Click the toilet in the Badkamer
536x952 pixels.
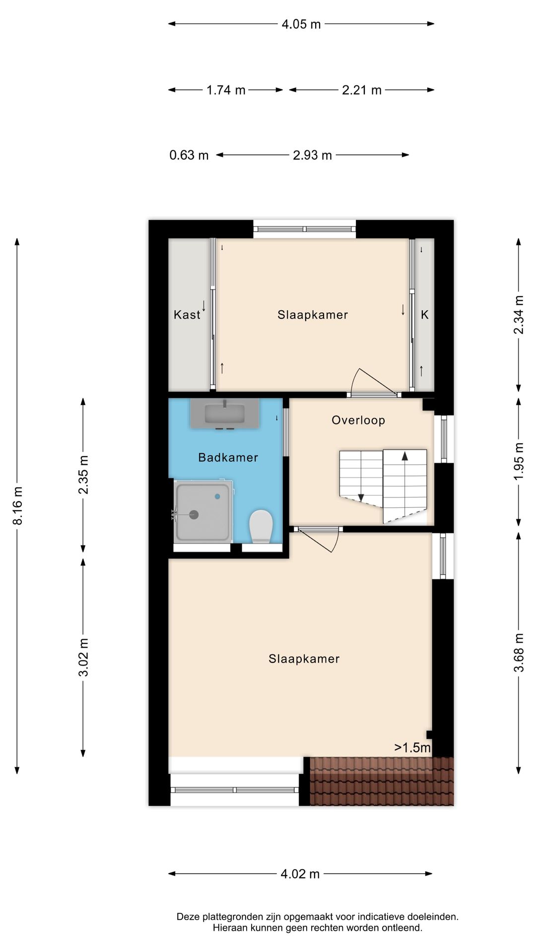261,527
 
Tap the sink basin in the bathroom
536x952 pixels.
225,414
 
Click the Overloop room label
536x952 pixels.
358,420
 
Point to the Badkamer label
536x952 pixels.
228,458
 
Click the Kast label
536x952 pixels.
187,315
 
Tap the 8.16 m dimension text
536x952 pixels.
17,506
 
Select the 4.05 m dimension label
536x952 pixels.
301,24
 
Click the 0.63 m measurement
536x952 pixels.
189,155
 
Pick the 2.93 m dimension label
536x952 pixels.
312,155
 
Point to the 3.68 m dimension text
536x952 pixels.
519,653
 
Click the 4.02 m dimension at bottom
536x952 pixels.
300,874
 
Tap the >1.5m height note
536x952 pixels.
412,748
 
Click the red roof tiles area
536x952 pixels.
382,781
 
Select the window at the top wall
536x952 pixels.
305,229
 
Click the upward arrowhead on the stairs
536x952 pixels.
405,456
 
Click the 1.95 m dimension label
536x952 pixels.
519,461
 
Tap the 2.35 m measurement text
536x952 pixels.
83,475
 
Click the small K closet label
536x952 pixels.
425,315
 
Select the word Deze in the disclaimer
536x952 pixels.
188,917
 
